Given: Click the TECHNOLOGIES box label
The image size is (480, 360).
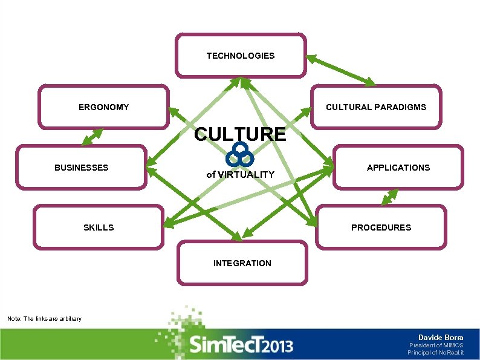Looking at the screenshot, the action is click(x=241, y=56).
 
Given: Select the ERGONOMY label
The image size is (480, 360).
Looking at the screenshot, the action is click(x=103, y=107).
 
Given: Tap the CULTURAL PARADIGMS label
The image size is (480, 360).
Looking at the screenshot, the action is click(x=376, y=107).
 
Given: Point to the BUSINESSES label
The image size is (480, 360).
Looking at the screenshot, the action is click(x=82, y=168).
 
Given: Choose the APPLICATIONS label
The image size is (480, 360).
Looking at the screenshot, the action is click(x=398, y=168).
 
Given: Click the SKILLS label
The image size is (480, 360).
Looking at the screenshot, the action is click(x=99, y=227).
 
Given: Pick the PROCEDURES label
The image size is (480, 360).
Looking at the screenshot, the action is click(x=381, y=227).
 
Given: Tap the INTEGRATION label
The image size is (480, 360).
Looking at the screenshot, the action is click(x=242, y=263).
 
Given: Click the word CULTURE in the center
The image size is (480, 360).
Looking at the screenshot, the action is click(x=240, y=134).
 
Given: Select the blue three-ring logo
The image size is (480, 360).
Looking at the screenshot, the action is click(x=240, y=155).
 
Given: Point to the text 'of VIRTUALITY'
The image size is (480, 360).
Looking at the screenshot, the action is click(x=240, y=174).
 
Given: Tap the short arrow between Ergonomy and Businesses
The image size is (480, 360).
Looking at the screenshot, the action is click(x=92, y=137).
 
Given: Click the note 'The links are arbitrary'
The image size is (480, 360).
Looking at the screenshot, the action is click(x=44, y=318).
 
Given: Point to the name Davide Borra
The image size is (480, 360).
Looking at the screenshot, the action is click(x=441, y=337).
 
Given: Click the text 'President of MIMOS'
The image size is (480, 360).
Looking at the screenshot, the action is click(x=436, y=345).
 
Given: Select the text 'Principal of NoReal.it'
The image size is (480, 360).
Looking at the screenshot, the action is click(x=435, y=352).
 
